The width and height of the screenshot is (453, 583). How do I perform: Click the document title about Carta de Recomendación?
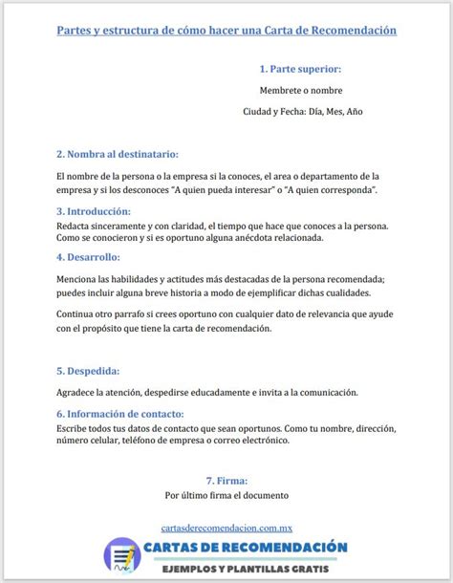pyautogui.click(x=226, y=31)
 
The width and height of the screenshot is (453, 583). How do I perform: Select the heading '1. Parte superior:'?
pyautogui.click(x=299, y=70)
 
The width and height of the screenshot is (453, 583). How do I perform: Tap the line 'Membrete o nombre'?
pyautogui.click(x=299, y=91)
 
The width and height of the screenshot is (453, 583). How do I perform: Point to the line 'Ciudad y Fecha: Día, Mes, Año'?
pyautogui.click(x=303, y=112)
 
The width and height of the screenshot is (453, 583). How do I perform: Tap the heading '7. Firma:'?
pyautogui.click(x=226, y=481)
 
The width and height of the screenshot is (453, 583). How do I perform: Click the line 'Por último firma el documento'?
pyautogui.click(x=226, y=496)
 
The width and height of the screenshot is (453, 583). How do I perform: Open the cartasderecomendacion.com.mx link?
pyautogui.click(x=226, y=527)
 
